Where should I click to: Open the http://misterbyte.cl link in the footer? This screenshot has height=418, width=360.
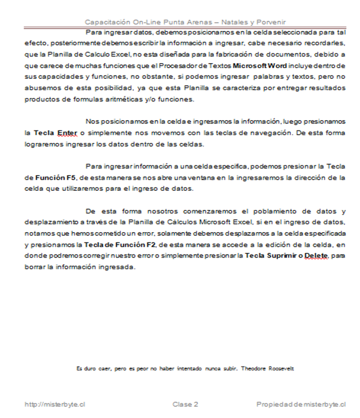pos(55,404)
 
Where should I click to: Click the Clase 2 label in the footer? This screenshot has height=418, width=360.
pos(185,404)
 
